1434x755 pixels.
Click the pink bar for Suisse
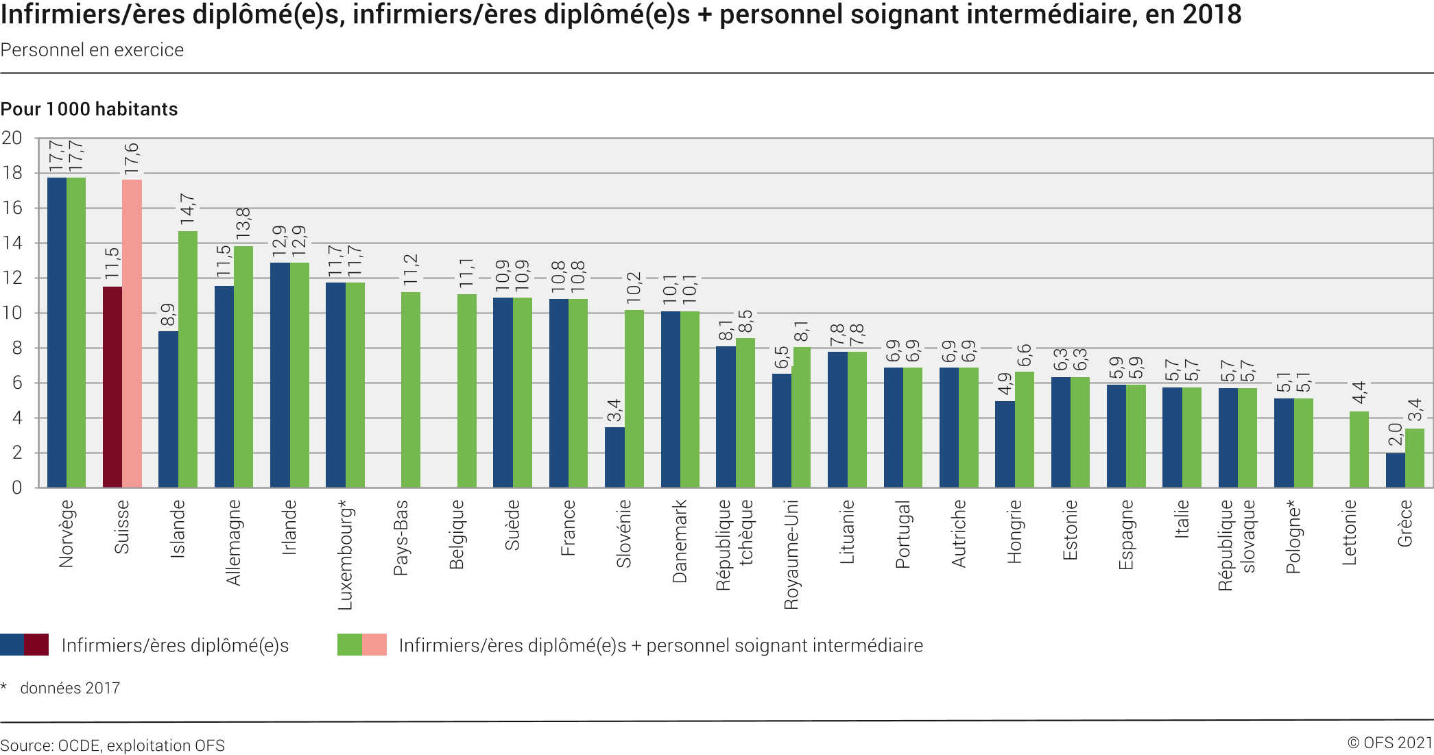[x=132, y=333]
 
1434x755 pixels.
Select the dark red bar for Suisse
[x=112, y=387]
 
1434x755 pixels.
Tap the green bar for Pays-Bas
[x=411, y=390]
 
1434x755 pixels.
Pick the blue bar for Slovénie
[x=614, y=457]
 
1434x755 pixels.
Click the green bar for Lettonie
[x=1359, y=449]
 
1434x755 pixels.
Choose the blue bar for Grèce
[x=1395, y=470]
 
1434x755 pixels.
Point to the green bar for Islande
[x=188, y=359]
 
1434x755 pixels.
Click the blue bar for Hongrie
[x=1005, y=444]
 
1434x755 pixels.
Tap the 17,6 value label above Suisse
[x=131, y=158]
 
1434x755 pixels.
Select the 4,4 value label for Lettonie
[x=1359, y=392]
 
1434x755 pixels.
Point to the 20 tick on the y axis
[x=12, y=138]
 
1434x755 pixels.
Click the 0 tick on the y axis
[x=16, y=488]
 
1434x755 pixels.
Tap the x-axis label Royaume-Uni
[x=791, y=555]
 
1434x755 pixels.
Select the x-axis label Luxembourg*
[x=345, y=555]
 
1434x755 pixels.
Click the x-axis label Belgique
[x=457, y=535]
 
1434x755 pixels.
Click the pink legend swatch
[x=374, y=645]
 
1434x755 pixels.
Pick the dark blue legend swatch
[x=12, y=645]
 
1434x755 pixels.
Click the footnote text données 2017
[x=70, y=688]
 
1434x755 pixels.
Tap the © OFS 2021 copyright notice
[x=1389, y=743]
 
